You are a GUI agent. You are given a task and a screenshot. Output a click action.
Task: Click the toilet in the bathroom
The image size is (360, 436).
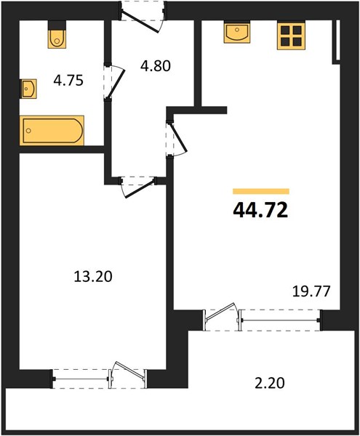[57, 34]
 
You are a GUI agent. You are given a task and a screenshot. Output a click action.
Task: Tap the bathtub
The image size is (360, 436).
[52, 130]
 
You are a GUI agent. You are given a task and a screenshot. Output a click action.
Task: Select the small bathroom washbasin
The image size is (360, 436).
[28, 89]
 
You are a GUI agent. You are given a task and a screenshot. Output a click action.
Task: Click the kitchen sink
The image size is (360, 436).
[237, 33]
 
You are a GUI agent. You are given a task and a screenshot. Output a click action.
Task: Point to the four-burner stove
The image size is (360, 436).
[291, 36]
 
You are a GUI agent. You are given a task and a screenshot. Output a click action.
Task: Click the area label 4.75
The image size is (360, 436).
[68, 81]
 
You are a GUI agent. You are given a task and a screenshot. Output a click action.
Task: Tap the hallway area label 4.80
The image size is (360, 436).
[155, 66]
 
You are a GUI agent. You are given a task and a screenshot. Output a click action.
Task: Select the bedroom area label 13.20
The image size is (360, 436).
[93, 277]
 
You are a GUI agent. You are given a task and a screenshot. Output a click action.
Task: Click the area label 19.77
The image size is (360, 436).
[311, 291]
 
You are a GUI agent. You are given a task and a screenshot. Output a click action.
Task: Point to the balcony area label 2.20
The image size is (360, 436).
[270, 383]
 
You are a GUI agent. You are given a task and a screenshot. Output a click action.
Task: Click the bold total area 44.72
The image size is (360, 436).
[260, 210]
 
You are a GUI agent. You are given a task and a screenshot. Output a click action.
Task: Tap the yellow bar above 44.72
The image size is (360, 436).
[261, 191]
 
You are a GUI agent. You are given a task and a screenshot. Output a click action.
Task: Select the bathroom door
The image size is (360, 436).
[114, 82]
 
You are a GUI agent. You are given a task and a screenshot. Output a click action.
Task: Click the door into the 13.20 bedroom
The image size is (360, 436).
[138, 187]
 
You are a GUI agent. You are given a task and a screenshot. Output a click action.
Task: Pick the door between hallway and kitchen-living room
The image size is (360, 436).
[177, 138]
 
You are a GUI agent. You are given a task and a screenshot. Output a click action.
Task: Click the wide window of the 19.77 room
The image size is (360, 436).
[281, 320]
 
